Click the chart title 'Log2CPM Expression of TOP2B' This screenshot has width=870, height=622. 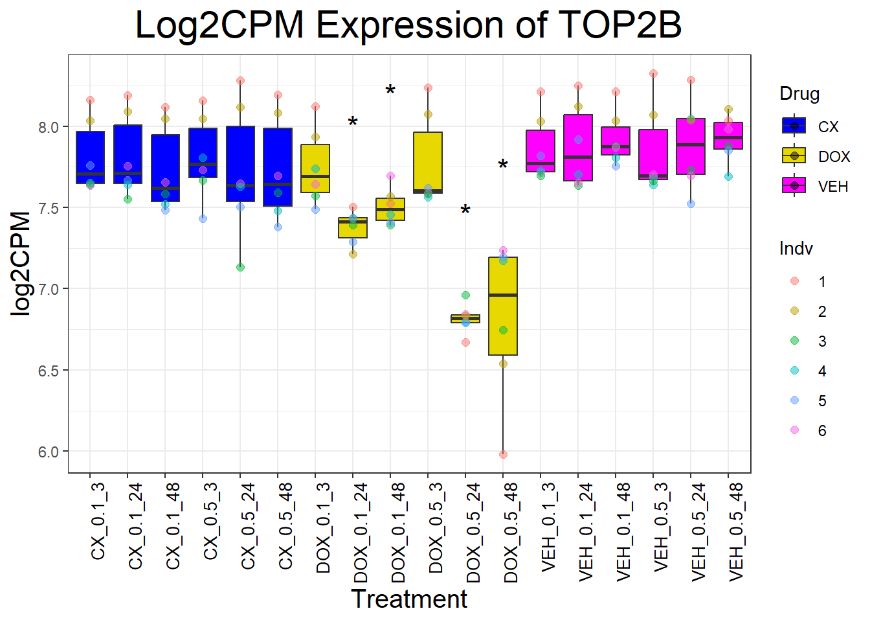click(408, 26)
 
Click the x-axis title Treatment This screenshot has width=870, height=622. click(408, 599)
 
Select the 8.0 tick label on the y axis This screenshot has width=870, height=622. click(49, 127)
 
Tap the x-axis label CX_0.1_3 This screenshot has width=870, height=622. click(98, 521)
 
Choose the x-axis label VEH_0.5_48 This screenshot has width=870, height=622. click(736, 532)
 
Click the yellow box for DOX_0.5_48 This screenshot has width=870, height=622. click(503, 324)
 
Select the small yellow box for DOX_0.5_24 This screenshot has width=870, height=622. click(465, 318)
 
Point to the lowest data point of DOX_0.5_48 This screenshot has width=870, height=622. click(503, 454)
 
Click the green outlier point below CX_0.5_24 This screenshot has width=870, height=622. click(240, 267)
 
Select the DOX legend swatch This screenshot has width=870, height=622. click(794, 155)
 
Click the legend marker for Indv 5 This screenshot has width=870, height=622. click(795, 400)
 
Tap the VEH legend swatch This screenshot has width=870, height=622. click(794, 185)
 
